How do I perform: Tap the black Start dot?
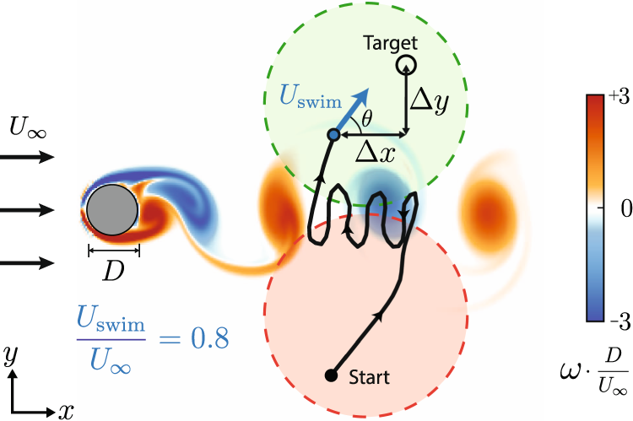[x=331, y=374]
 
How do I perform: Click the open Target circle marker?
[x=406, y=64]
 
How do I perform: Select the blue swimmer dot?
[x=333, y=135]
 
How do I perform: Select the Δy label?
[x=430, y=99]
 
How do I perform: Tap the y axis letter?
[x=12, y=355]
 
